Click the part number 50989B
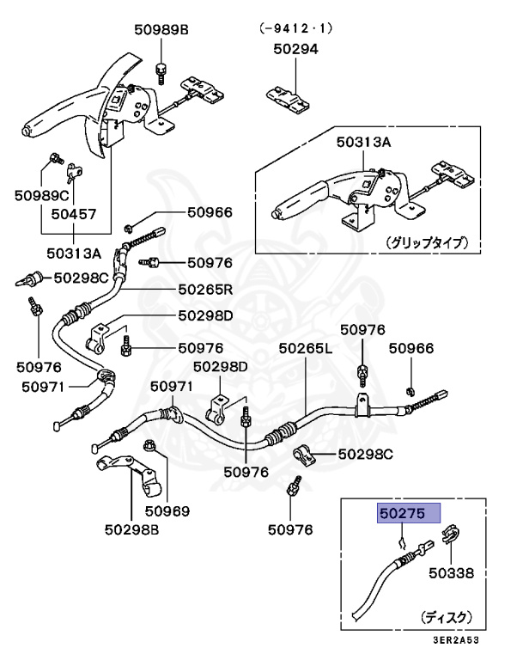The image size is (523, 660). tap(161, 30)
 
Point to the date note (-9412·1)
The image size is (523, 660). tap(295, 27)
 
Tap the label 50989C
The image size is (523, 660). tap(40, 196)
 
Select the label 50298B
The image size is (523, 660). tap(132, 528)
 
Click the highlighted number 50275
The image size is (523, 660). tap(410, 514)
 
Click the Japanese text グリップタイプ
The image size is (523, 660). tap(426, 242)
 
